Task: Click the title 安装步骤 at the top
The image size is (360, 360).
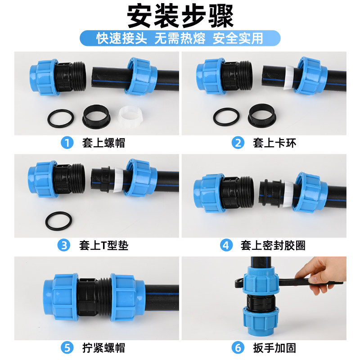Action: [x=180, y=16]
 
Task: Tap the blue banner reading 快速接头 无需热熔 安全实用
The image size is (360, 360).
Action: [x=180, y=38]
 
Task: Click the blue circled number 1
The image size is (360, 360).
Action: [x=67, y=143]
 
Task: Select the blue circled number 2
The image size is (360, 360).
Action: [x=238, y=143]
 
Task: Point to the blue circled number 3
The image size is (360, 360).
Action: [x=64, y=245]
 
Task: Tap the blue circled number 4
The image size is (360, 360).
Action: [x=226, y=245]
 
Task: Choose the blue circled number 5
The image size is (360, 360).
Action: [x=67, y=348]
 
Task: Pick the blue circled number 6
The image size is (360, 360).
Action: [x=238, y=348]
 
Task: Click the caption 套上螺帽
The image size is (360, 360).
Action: [x=103, y=143]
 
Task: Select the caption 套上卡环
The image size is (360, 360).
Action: [x=274, y=143]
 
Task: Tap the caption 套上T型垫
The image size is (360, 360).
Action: [x=104, y=245]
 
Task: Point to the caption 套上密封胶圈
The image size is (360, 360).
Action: [x=273, y=245]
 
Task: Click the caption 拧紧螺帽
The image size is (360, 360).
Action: [x=103, y=348]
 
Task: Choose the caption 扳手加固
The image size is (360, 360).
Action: [x=274, y=348]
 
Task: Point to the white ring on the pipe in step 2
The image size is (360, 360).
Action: [x=288, y=77]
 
